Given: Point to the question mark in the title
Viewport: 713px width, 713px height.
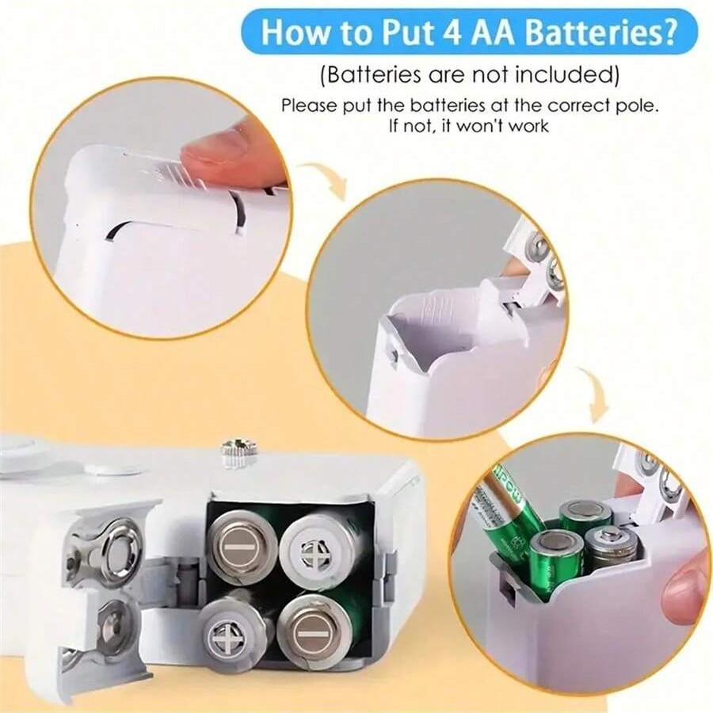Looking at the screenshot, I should click(667, 32).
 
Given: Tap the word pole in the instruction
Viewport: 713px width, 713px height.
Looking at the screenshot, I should click(634, 105).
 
